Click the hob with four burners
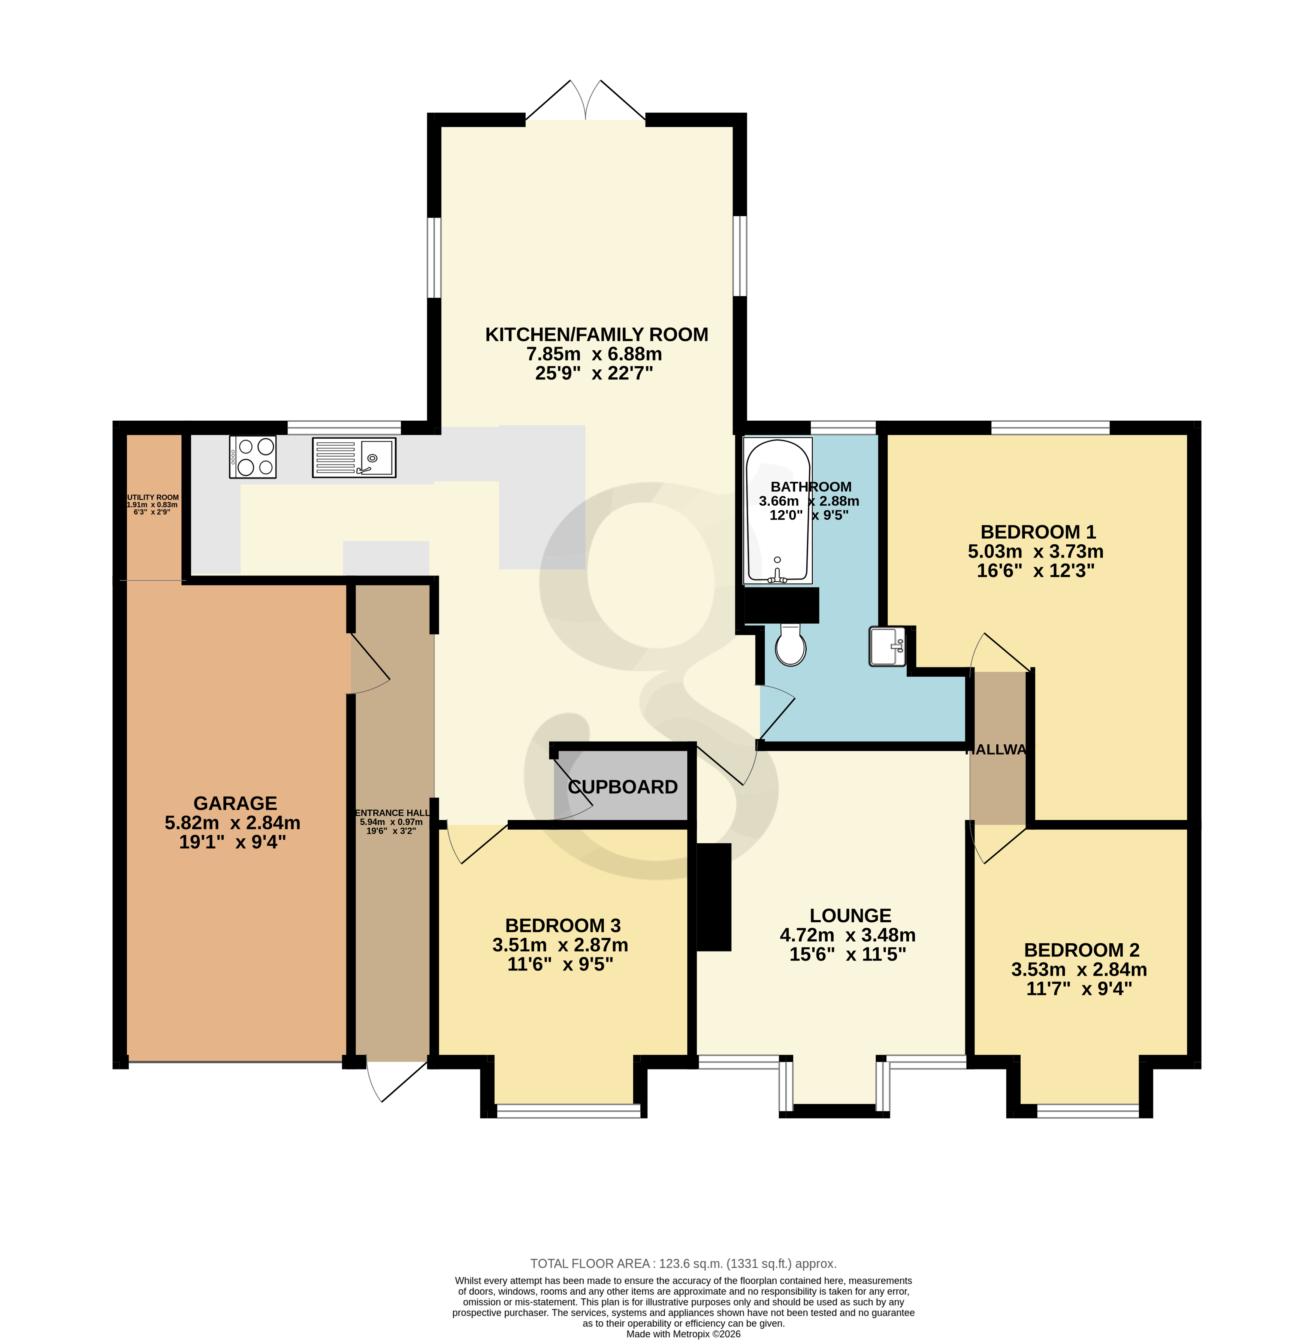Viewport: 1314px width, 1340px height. point(253,457)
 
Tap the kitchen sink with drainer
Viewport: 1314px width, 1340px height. point(353,457)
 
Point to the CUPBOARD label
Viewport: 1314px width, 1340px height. point(622,787)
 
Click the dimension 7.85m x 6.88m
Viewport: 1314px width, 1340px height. point(594,354)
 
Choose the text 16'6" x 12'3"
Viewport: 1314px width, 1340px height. point(1035,571)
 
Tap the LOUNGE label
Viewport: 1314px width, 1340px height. point(850,916)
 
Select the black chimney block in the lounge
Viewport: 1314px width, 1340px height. point(714,897)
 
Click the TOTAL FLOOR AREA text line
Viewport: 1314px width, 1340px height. point(683,1264)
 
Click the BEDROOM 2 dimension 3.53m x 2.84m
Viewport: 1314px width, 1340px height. point(1079,970)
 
